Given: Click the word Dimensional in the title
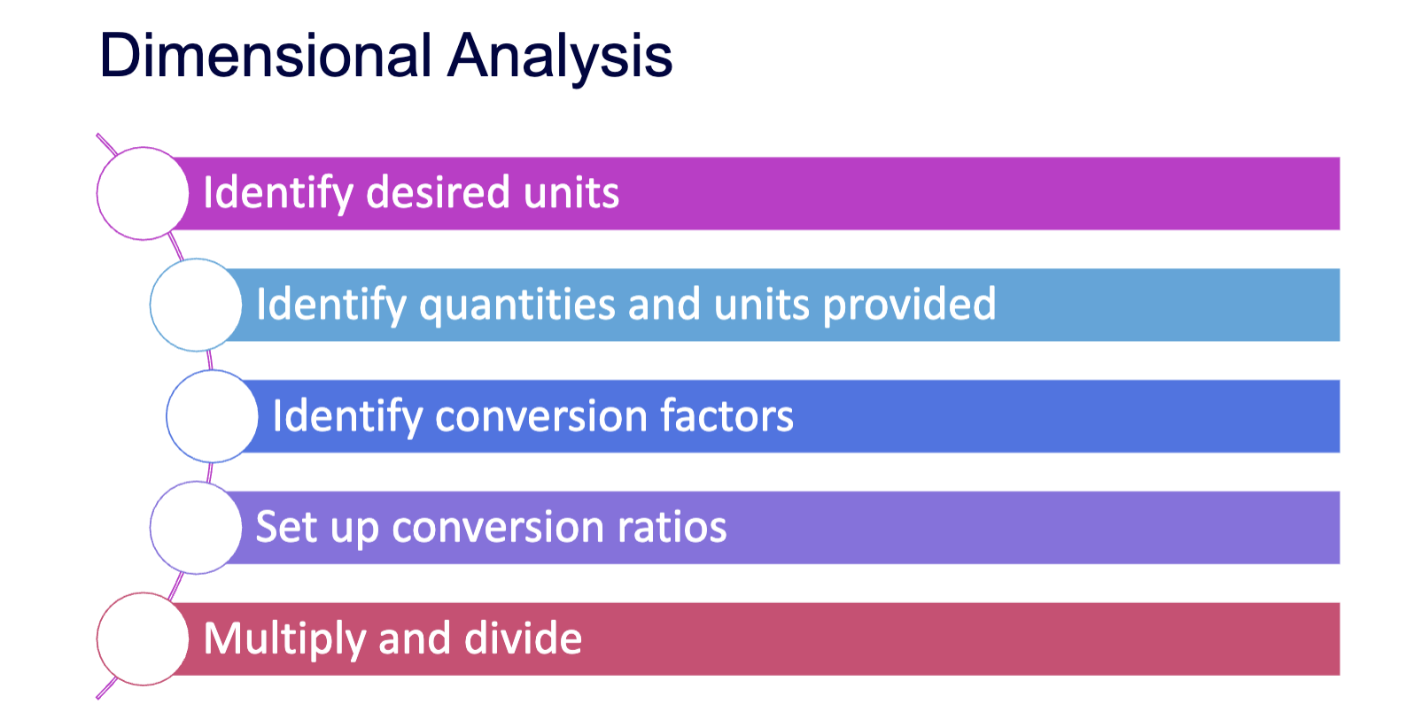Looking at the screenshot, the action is (265, 56).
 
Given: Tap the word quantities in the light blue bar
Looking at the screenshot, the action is (517, 306).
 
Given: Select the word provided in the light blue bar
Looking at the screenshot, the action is (910, 306).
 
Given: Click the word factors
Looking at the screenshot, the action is (727, 416).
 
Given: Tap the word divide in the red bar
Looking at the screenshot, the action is (523, 638).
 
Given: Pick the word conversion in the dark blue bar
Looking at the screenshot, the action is (541, 416).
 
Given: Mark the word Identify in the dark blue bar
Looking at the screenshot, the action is (347, 417).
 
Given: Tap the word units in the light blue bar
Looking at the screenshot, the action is (762, 306).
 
